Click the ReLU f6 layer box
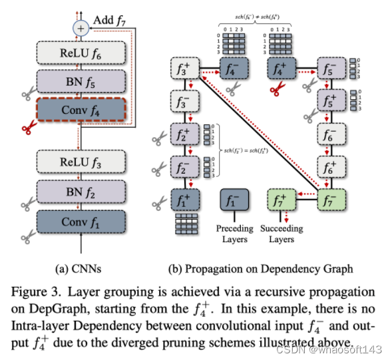tap(81, 52)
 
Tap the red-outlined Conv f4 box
tap(81, 108)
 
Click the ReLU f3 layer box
tap(81, 162)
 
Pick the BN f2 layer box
tap(81, 192)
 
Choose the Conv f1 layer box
tap(81, 221)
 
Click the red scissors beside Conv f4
tap(29, 126)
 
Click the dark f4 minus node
tap(233, 68)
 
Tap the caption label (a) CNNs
tap(81, 270)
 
